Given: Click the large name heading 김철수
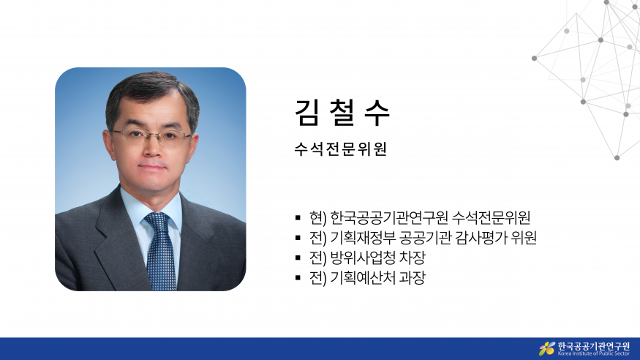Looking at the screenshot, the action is tap(342, 112).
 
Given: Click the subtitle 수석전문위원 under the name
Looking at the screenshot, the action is tap(340, 149).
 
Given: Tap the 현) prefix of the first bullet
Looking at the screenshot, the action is tap(318, 217).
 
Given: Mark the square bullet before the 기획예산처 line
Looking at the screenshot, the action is tap(298, 278).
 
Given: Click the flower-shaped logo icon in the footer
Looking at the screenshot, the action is tap(547, 348).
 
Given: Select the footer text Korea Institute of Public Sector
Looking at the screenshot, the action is tap(593, 353).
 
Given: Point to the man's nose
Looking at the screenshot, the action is tap(152, 148).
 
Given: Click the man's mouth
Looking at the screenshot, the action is tap(152, 167).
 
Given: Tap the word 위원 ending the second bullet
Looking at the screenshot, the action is tap(524, 238).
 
